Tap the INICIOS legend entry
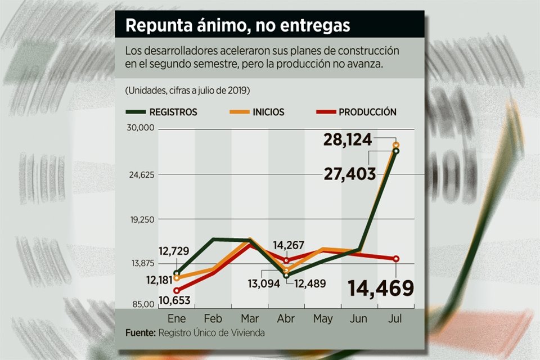click(x=268, y=112)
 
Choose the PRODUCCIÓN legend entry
click(x=367, y=112)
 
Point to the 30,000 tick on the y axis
click(x=141, y=128)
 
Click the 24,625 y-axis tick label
click(x=141, y=174)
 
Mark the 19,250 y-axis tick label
click(x=141, y=219)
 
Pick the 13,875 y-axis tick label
click(x=141, y=263)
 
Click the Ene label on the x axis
click(x=176, y=319)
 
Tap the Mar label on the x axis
click(x=250, y=319)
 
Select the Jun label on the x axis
click(x=359, y=319)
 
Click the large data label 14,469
click(x=381, y=288)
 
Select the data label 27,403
click(x=350, y=174)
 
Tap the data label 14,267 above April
click(x=289, y=245)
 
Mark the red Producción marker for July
click(x=396, y=259)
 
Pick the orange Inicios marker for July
click(x=396, y=145)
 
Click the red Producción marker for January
click(x=176, y=290)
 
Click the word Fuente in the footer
click(x=140, y=332)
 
